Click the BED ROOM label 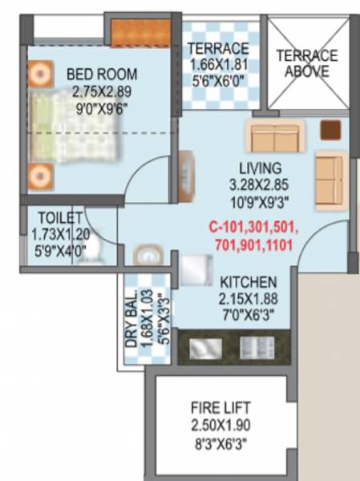(x=102, y=75)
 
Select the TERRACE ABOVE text (x=306, y=64)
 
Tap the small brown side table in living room (x=330, y=130)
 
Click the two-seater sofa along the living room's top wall (x=274, y=137)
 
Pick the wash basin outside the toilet (x=148, y=256)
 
